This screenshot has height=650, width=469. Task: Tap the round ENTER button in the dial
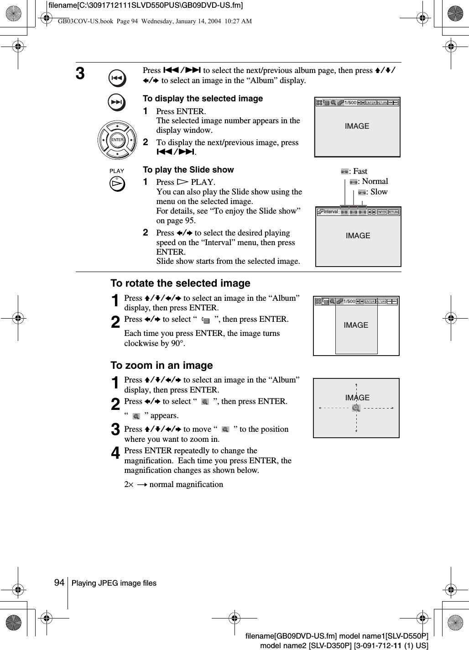[x=117, y=140]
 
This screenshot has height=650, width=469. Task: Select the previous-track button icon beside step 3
[x=117, y=79]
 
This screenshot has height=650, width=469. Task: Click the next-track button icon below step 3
[x=117, y=103]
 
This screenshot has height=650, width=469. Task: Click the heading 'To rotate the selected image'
[x=180, y=283]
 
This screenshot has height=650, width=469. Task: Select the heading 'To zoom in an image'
[x=162, y=366]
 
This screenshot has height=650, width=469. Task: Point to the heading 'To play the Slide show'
[x=188, y=170]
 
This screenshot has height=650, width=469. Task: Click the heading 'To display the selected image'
[x=203, y=99]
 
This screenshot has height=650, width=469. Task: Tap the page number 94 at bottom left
[x=59, y=582]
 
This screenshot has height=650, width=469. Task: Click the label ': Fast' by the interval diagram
[x=359, y=172]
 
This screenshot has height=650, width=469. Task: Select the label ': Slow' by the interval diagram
[x=378, y=192]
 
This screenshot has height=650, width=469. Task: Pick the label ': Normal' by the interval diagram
[x=374, y=182]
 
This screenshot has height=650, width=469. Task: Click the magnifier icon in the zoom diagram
[x=356, y=408]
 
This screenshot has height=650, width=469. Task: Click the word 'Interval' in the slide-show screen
[x=330, y=212]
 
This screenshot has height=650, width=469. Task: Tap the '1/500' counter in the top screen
[x=350, y=103]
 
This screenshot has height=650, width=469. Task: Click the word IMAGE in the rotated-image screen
[x=356, y=325]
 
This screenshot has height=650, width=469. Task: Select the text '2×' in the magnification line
[x=129, y=484]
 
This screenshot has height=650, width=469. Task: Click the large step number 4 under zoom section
[x=116, y=454]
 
